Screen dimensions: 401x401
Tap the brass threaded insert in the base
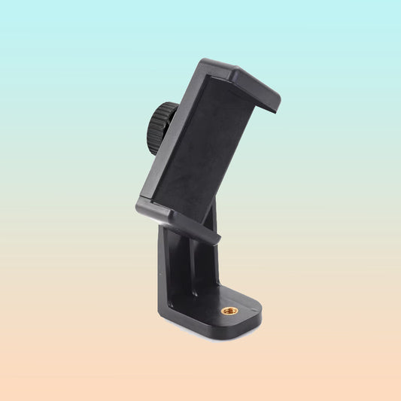[x=230, y=310]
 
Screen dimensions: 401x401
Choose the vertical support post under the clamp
[x=188, y=263]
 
